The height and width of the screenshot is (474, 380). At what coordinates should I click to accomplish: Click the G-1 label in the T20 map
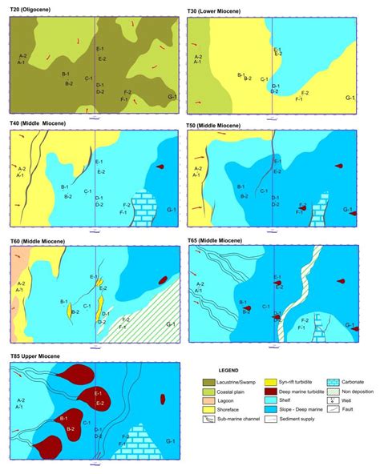172,97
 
